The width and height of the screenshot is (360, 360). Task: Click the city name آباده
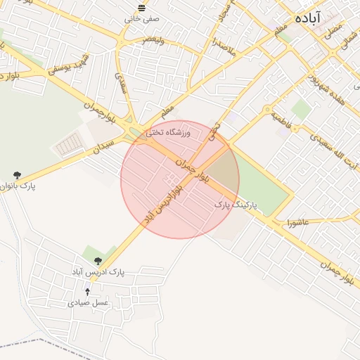coord(309,18)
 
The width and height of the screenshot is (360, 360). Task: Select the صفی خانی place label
coord(139,19)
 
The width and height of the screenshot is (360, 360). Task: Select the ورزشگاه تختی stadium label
coord(168,131)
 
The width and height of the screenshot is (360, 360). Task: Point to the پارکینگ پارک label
coord(236,205)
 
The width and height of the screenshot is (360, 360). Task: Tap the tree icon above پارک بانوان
coord(17,175)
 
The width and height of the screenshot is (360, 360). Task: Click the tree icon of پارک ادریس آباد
coord(97,261)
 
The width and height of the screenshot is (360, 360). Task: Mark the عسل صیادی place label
coord(88,303)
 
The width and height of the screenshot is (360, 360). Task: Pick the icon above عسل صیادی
coord(88,291)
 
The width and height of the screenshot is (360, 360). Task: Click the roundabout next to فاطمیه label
coord(268,109)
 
